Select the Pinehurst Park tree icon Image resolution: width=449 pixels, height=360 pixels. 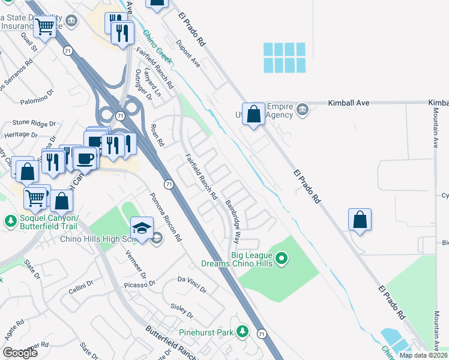coord(243,331)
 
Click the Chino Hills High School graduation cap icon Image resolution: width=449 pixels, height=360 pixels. coord(142,229)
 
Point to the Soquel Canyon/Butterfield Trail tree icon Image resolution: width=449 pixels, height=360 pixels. coord(10,221)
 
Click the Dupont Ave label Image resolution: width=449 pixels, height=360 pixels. coord(187,53)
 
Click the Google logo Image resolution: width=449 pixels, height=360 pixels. coord(20,352)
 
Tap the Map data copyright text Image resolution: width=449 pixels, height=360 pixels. coord(423,355)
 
